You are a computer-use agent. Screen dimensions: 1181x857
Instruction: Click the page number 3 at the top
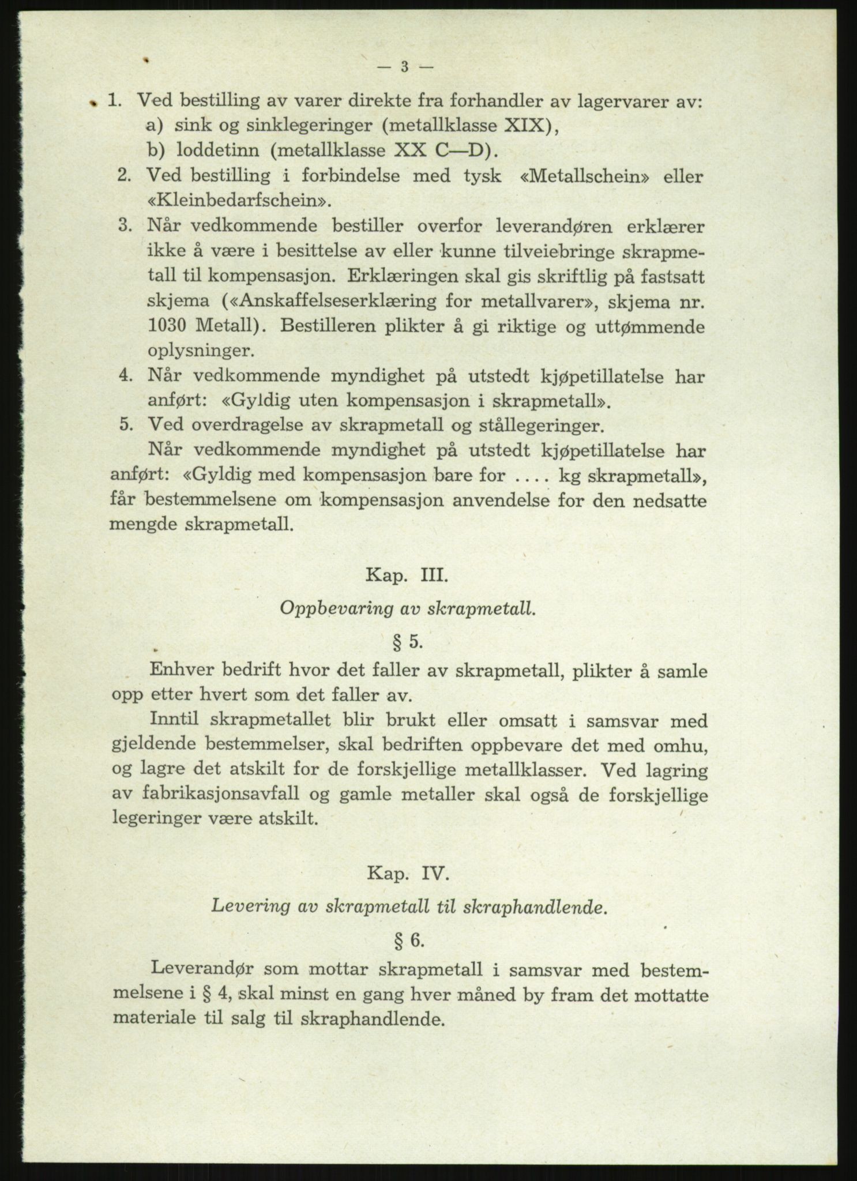pos(404,67)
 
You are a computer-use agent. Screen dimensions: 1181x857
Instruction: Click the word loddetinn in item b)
pos(219,151)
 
